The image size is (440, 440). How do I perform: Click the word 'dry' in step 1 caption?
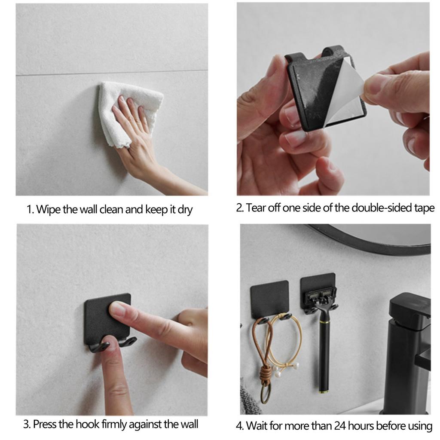[185, 210]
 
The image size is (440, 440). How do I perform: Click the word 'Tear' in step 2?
[256, 208]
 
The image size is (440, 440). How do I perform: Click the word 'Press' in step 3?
[45, 424]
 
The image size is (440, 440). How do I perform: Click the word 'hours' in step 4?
[361, 426]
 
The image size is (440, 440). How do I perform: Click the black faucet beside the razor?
[408, 351]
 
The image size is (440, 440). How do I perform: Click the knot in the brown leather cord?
[266, 375]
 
